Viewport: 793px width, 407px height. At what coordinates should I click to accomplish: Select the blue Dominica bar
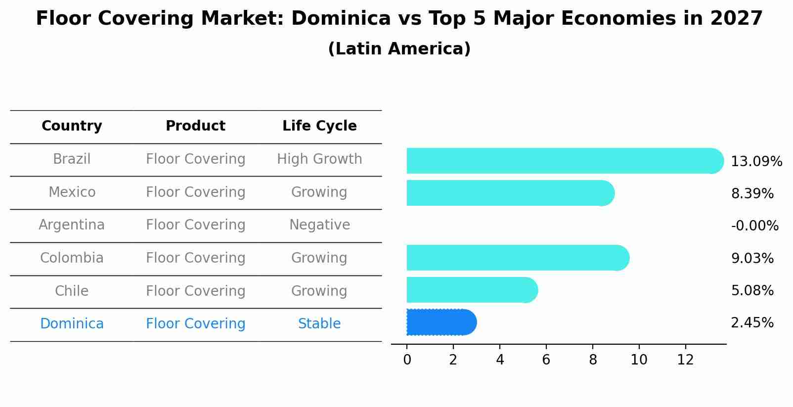click(x=440, y=322)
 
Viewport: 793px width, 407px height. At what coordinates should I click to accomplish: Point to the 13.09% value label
click(x=756, y=162)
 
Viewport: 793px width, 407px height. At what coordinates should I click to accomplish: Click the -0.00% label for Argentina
click(x=754, y=226)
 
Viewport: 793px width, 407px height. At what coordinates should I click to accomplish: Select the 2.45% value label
click(x=752, y=323)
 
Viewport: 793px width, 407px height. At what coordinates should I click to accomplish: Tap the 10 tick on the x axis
click(x=639, y=360)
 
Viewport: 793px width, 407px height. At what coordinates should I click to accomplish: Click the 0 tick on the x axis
click(x=407, y=360)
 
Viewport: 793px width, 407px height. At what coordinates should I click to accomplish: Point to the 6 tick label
click(x=546, y=360)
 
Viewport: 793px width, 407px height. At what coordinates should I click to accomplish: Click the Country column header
click(x=72, y=126)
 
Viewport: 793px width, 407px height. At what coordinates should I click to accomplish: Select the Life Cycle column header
click(x=319, y=126)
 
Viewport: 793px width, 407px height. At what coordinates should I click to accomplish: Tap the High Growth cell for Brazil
click(x=319, y=159)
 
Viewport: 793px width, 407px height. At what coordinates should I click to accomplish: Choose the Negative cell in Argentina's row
click(x=319, y=225)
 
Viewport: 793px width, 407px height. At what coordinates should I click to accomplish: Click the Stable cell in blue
click(x=319, y=324)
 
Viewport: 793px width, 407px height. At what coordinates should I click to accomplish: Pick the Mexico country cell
click(x=72, y=192)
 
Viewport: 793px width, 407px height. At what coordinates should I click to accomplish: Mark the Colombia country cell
click(x=72, y=258)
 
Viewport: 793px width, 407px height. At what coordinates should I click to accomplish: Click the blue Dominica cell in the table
click(x=72, y=324)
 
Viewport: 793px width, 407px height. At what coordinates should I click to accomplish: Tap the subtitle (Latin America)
click(x=399, y=49)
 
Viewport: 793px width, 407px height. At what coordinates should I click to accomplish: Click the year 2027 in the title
click(x=736, y=19)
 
